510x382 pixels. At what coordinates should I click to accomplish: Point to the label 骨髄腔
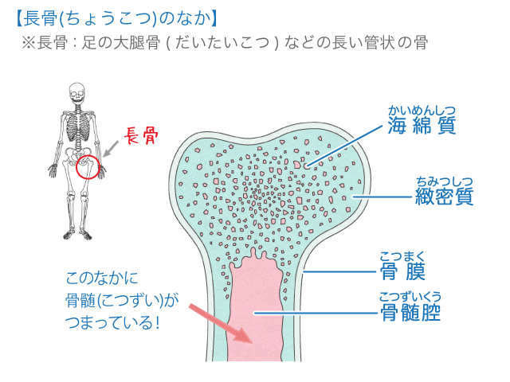coord(411,313)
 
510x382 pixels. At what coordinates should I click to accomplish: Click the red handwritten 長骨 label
coord(143,136)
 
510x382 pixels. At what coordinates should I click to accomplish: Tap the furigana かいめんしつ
coord(422,110)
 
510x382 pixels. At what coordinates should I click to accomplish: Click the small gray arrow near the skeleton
coord(111,148)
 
